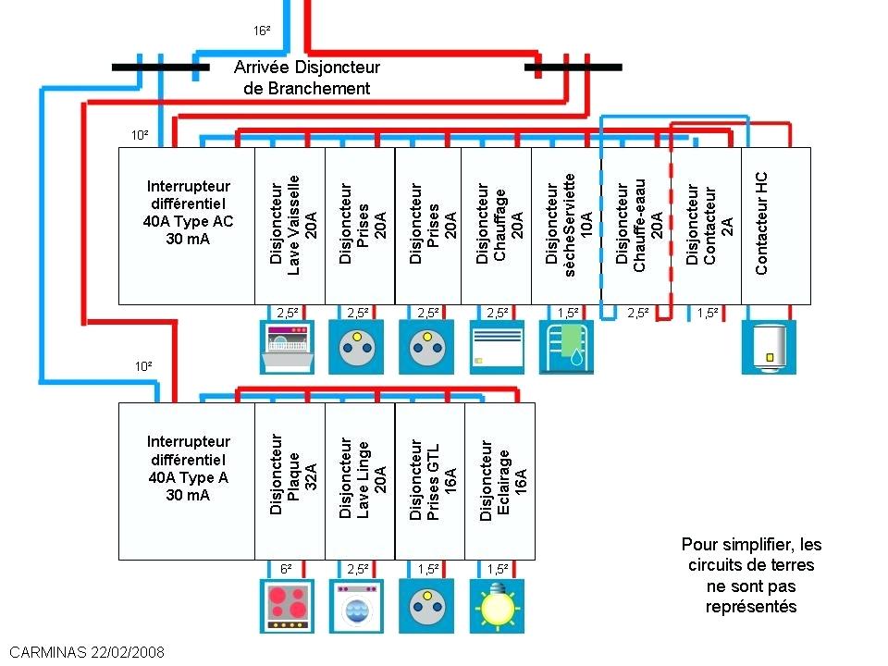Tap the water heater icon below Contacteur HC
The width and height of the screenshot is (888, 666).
(x=769, y=347)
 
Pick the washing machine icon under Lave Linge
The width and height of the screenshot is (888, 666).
(x=359, y=605)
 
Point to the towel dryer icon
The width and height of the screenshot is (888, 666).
(x=566, y=347)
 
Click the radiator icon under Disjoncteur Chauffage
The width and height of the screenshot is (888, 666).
(x=497, y=347)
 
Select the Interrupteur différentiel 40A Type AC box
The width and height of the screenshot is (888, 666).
(x=187, y=225)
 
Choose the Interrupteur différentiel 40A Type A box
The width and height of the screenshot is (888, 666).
(x=187, y=481)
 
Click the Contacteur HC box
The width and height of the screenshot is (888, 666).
(x=776, y=225)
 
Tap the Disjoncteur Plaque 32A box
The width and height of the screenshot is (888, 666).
(x=290, y=481)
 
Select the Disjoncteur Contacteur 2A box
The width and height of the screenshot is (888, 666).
(x=707, y=225)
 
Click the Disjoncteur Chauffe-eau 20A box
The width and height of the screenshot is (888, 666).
(x=637, y=225)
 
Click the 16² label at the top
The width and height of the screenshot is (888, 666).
(x=262, y=31)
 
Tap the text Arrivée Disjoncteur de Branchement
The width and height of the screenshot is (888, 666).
(x=306, y=78)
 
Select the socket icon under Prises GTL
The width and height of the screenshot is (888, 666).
(x=428, y=605)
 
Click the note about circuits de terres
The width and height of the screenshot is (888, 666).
(x=751, y=575)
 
